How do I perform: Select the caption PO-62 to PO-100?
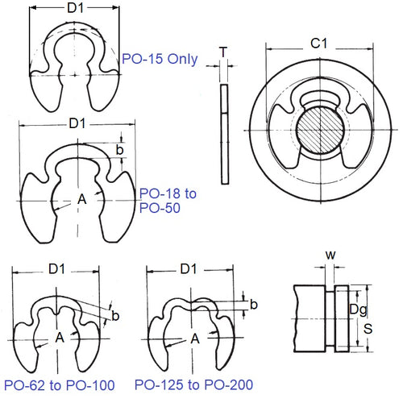pos(58,384)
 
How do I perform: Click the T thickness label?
pos(223,51)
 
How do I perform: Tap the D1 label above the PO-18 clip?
pos(77,124)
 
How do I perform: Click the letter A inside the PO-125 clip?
pos(194,339)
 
